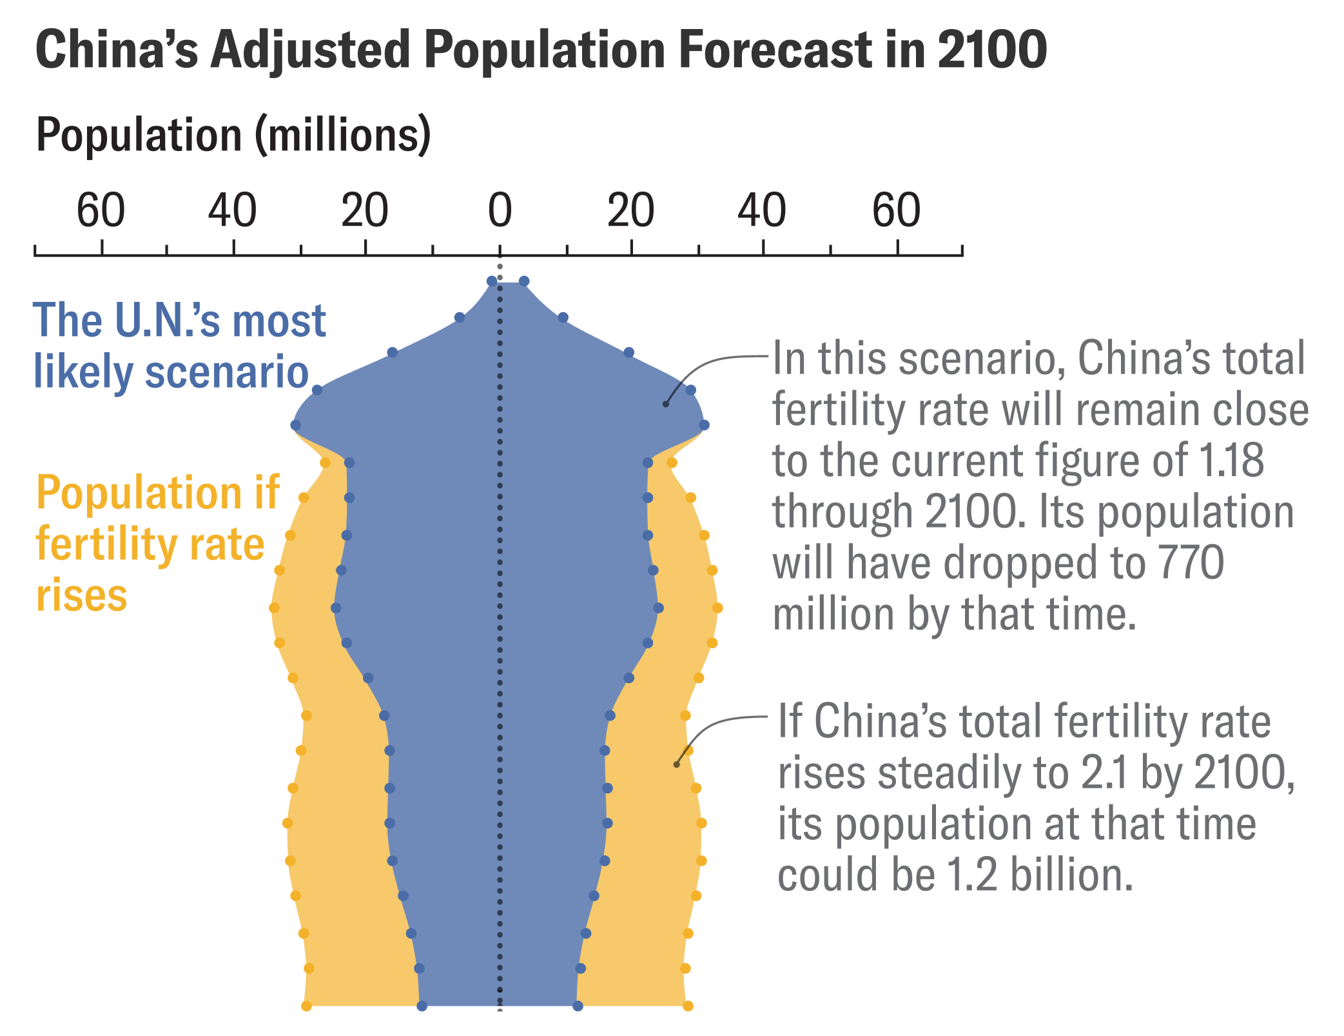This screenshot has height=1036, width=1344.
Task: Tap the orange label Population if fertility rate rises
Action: click(157, 543)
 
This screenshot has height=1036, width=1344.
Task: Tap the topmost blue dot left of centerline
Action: click(492, 281)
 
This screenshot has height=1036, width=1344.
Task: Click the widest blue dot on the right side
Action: click(705, 425)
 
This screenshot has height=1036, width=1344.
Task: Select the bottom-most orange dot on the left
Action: click(307, 1006)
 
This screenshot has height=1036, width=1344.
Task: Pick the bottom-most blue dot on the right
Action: click(578, 1006)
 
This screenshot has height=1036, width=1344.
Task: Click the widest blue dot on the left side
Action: click(296, 425)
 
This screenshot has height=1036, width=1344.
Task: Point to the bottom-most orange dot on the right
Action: click(688, 1006)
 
